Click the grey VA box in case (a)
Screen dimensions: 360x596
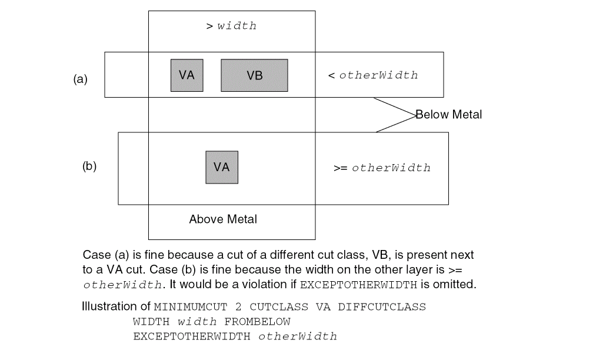pyautogui.click(x=187, y=75)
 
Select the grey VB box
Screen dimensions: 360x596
pyautogui.click(x=254, y=75)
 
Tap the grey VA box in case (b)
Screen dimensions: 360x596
pyautogui.click(x=222, y=167)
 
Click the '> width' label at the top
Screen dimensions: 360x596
pyautogui.click(x=231, y=26)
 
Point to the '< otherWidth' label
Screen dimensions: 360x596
pyautogui.click(x=373, y=75)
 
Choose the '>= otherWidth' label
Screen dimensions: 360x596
pyautogui.click(x=382, y=168)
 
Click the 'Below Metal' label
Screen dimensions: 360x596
pyautogui.click(x=449, y=115)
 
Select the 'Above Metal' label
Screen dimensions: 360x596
pyautogui.click(x=223, y=219)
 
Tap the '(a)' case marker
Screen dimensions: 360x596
pyautogui.click(x=80, y=79)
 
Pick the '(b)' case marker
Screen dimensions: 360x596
pyautogui.click(x=89, y=166)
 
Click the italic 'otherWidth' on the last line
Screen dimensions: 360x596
pyautogui.click(x=298, y=336)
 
